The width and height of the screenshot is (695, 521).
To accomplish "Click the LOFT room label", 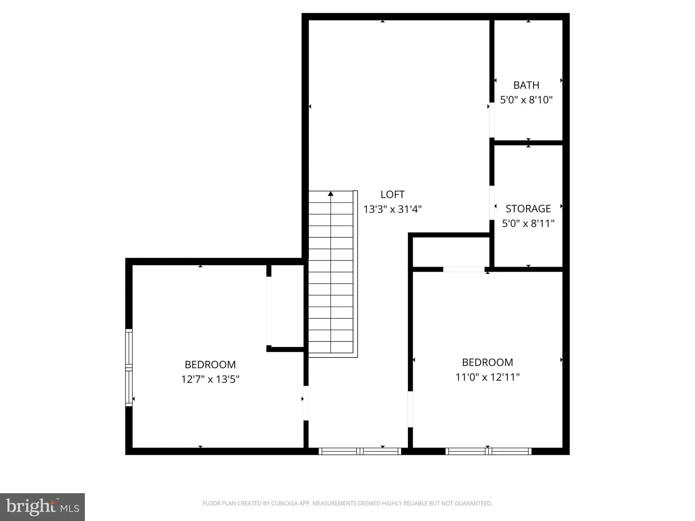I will [392, 195].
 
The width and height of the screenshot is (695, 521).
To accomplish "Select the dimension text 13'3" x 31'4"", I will [392, 209].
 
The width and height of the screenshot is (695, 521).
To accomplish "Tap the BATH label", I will [526, 85].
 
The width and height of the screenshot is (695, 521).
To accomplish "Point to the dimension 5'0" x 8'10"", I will [526, 100].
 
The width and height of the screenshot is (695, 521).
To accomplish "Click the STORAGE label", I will [528, 209].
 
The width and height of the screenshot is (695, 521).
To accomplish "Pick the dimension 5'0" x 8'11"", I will [528, 223].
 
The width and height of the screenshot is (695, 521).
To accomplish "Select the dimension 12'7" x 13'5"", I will [210, 379].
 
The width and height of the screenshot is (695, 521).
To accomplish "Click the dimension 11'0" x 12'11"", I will [487, 377].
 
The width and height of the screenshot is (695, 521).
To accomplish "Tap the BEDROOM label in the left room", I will [210, 365].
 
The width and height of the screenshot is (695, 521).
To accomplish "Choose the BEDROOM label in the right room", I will [487, 363].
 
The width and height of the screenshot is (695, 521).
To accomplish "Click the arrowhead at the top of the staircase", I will [330, 194].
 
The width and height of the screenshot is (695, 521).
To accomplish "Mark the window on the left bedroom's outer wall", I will [129, 367].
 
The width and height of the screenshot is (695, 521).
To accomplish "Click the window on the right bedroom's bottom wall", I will [488, 452].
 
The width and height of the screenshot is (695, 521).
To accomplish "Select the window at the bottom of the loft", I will [360, 452].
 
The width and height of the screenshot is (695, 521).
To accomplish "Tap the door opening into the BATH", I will [492, 120].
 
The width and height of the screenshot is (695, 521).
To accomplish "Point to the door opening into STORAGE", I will [492, 203].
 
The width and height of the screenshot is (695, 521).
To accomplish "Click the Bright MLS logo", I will [42, 507].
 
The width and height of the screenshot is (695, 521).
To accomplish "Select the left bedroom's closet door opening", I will [269, 311].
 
